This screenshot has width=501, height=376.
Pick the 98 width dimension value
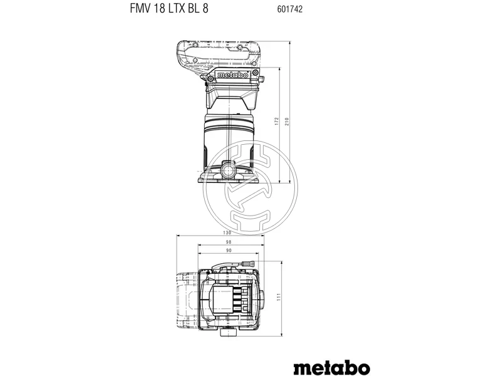[229, 242]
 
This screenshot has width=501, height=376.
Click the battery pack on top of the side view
[217, 54]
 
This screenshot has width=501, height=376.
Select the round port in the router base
[229, 169]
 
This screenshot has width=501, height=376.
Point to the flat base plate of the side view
[229, 180]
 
